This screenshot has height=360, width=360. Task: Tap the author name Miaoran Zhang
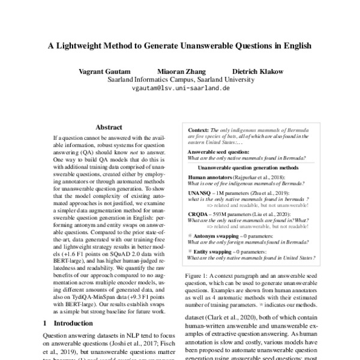point(181,71)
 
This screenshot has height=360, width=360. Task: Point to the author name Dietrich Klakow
point(258,71)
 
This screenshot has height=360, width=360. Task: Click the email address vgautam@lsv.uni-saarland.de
point(181,88)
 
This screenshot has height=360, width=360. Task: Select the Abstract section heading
point(109,127)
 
